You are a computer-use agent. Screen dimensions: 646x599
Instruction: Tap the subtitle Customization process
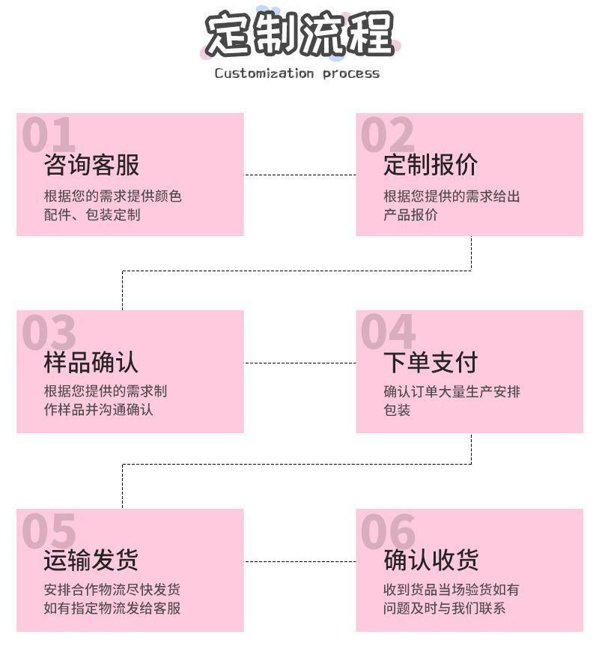coord(297,73)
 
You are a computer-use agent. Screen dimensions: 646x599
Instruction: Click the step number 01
coord(49,135)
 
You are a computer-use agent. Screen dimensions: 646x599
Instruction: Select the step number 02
coord(387,135)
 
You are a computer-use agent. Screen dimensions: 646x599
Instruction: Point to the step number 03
coord(49,332)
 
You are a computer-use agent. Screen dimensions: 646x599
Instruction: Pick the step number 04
coord(388,332)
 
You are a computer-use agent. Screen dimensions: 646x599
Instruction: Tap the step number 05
coord(49,531)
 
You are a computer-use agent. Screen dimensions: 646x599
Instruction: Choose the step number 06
coord(388,531)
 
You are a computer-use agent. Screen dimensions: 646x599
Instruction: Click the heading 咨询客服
coord(91,165)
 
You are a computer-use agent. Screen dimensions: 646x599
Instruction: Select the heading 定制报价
coord(431,165)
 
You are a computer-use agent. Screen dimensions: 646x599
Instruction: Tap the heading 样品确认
coord(91,363)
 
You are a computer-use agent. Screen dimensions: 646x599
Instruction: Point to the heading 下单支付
coord(431,363)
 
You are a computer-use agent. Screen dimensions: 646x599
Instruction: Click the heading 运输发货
coord(91,560)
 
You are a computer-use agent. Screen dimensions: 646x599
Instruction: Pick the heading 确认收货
coord(431,560)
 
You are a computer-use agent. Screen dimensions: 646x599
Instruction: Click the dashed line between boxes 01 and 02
coord(299,175)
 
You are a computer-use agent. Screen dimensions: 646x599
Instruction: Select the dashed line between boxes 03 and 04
coord(299,363)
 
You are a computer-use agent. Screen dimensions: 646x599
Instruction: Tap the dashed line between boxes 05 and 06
coord(299,561)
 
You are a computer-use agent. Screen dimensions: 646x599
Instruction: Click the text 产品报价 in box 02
coord(411,215)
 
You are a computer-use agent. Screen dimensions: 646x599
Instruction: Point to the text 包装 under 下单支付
coord(398,410)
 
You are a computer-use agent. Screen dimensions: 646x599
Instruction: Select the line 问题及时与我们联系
coord(445,608)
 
